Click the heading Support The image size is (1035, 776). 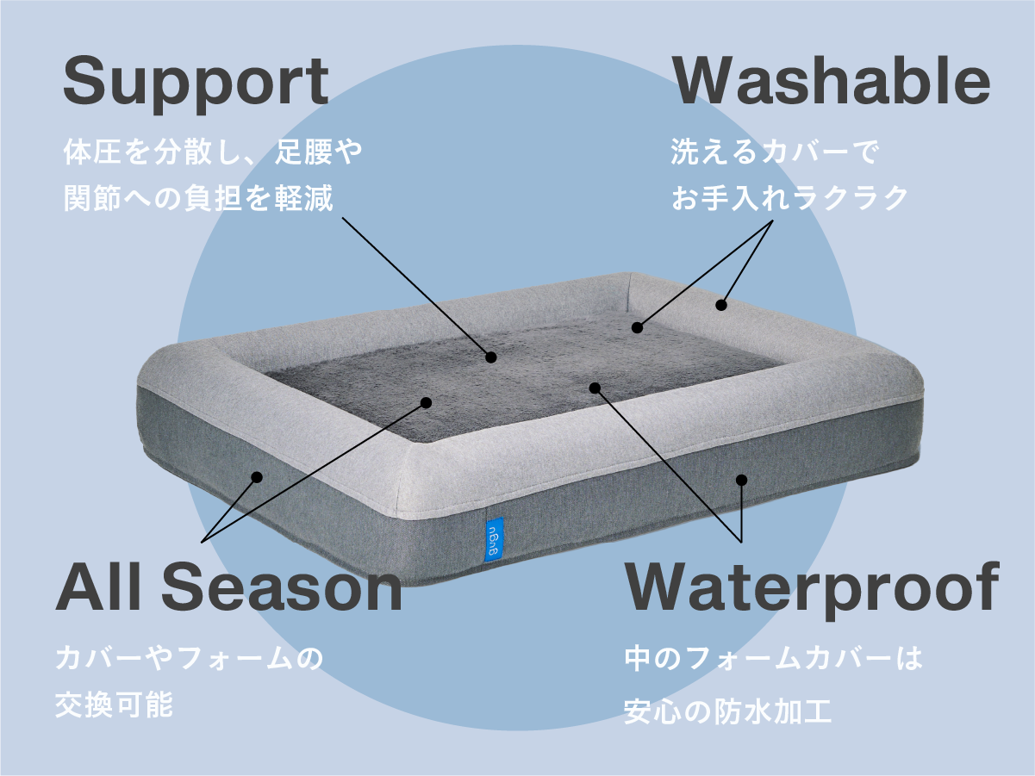196,83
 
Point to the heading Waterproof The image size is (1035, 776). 811,588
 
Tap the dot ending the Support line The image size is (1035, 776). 490,357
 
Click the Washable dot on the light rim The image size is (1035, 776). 721,305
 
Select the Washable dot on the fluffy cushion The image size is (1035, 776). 637,327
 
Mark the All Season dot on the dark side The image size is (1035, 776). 256,476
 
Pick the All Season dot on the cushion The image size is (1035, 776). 426,401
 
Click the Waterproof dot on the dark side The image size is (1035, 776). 741,480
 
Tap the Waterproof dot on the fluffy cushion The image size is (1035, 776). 594,388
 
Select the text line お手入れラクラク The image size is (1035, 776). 789,197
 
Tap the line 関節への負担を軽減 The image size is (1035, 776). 197,198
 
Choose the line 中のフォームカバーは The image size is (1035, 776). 773,659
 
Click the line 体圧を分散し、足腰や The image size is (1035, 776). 213,153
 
